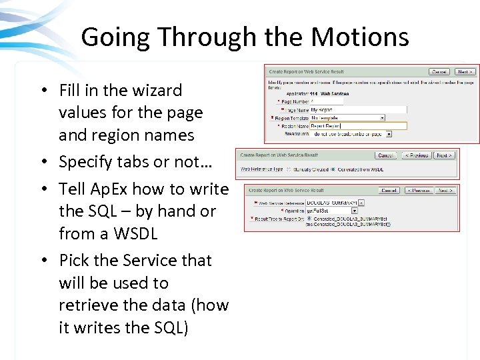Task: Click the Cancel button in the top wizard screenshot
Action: point(439,71)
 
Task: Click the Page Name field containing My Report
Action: point(358,109)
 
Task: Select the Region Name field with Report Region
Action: point(358,125)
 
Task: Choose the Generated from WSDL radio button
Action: point(332,169)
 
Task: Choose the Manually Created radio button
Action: point(288,169)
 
